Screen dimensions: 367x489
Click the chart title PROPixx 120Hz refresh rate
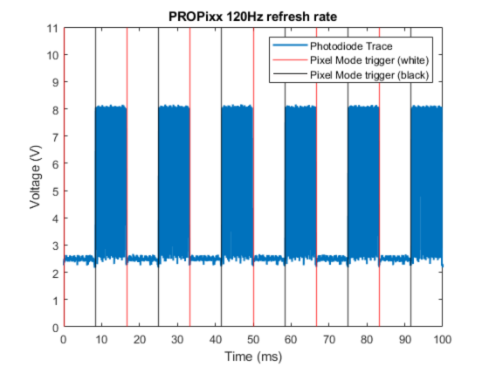pos(253,16)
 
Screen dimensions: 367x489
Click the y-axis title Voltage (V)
pos(36,177)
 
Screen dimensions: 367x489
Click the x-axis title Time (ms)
pos(253,357)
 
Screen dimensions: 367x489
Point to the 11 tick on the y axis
pos(54,28)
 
